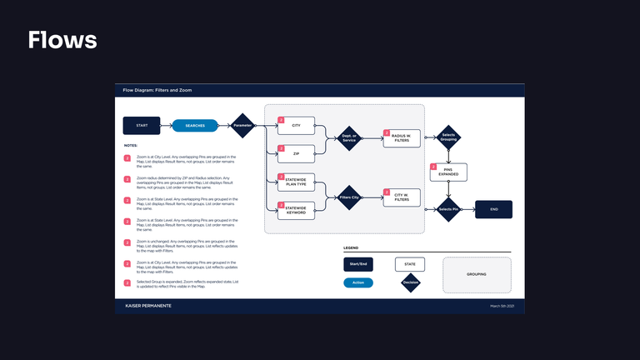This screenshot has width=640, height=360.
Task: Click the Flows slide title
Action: pyautogui.click(x=62, y=40)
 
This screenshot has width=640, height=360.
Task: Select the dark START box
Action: pyautogui.click(x=142, y=126)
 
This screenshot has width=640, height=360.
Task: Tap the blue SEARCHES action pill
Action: pyautogui.click(x=194, y=126)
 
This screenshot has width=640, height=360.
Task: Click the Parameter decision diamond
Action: pyautogui.click(x=242, y=126)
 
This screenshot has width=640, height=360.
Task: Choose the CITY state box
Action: pyautogui.click(x=296, y=126)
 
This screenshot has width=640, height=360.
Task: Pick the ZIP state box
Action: pyautogui.click(x=296, y=153)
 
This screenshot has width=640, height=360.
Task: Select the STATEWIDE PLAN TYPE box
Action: pyautogui.click(x=296, y=182)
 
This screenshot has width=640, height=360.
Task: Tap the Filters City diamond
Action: pyautogui.click(x=348, y=197)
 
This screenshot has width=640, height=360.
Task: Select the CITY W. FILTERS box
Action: pyautogui.click(x=402, y=197)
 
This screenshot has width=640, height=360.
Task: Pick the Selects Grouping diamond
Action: pyautogui.click(x=448, y=137)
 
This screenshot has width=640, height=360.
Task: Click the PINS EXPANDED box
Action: pyautogui.click(x=448, y=172)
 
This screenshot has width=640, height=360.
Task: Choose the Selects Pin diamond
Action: pyautogui.click(x=448, y=209)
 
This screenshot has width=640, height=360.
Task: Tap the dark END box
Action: pyautogui.click(x=493, y=209)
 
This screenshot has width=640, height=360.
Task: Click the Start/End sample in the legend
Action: pyautogui.click(x=358, y=264)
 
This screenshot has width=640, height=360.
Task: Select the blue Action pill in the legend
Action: pyautogui.click(x=358, y=282)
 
